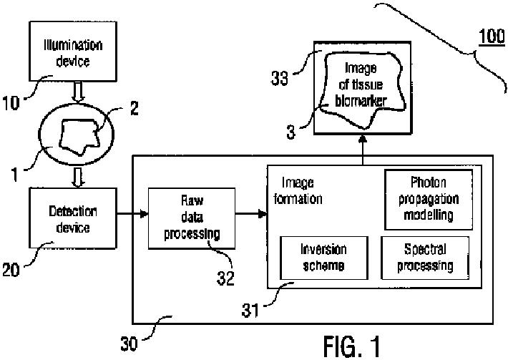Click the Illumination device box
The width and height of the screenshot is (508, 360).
[x=73, y=52]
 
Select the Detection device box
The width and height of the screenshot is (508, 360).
[x=73, y=218]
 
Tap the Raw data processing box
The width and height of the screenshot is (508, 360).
[x=192, y=218]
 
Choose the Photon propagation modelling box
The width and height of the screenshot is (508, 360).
[x=429, y=200]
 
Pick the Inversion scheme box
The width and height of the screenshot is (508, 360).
[x=324, y=258]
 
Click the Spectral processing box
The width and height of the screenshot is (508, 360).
[x=425, y=258]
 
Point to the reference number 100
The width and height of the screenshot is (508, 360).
[x=492, y=37]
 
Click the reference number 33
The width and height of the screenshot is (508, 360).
[x=279, y=78]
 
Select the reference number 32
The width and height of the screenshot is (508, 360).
[x=225, y=278]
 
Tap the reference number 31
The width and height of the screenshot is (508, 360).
[x=250, y=311]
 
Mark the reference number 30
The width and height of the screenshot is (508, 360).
[x=129, y=344]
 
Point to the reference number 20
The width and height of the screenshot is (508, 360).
[x=11, y=270]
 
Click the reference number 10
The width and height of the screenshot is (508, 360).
[x=11, y=103]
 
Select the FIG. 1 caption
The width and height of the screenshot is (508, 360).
[x=352, y=346]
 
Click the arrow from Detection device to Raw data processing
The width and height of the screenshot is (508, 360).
[x=132, y=214]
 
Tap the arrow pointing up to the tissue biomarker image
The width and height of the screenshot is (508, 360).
[x=363, y=150]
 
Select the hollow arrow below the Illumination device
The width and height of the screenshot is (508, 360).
[x=78, y=92]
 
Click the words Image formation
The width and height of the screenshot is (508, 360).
[x=298, y=191]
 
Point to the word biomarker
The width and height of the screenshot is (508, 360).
[x=361, y=101]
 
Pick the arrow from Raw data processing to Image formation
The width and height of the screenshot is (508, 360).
[x=251, y=214]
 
